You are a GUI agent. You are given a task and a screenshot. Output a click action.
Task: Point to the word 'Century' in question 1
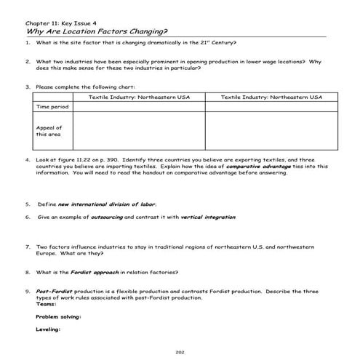(223, 43)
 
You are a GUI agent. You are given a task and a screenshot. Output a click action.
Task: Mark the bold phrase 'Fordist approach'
(97, 273)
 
